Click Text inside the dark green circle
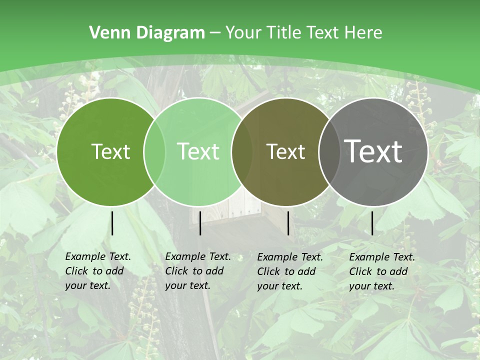tap(110, 151)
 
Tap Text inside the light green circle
tap(198, 151)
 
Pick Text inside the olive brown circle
tap(285, 151)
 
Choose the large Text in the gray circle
tap(373, 151)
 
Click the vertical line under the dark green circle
tap(112, 223)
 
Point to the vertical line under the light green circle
tap(200, 223)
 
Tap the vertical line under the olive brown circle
tap(288, 223)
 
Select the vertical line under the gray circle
tap(372, 223)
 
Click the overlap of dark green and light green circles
tap(154, 151)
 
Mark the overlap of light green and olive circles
tap(242, 151)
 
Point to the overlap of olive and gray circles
tap(327, 151)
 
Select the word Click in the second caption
tap(176, 271)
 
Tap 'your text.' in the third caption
tap(280, 286)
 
